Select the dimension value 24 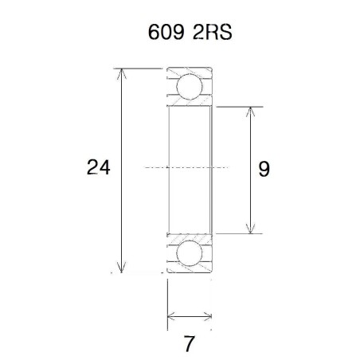coord(98,168)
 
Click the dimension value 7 coord(189,345)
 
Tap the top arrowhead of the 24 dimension coord(122,74)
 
